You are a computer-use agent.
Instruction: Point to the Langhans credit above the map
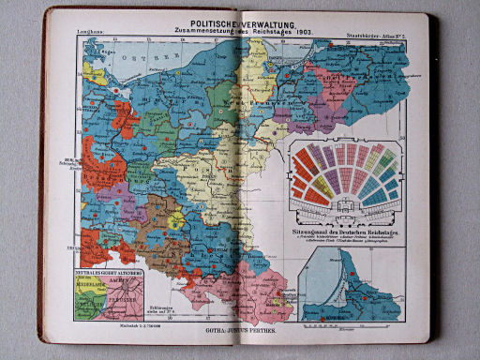[x=81, y=34]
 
